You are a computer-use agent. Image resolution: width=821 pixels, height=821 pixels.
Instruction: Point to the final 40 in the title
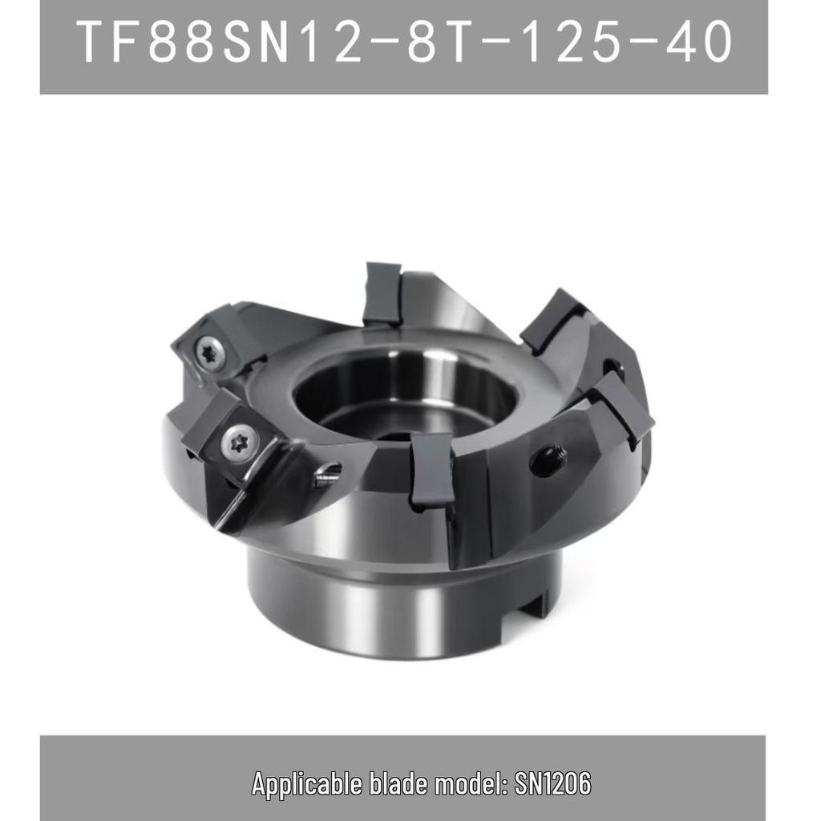pyautogui.click(x=699, y=42)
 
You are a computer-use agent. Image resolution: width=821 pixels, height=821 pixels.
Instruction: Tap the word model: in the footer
pyautogui.click(x=471, y=783)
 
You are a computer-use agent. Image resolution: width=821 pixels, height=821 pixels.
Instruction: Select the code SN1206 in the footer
pyautogui.click(x=553, y=783)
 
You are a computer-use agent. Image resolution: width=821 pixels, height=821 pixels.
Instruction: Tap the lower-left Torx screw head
pyautogui.click(x=239, y=440)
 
